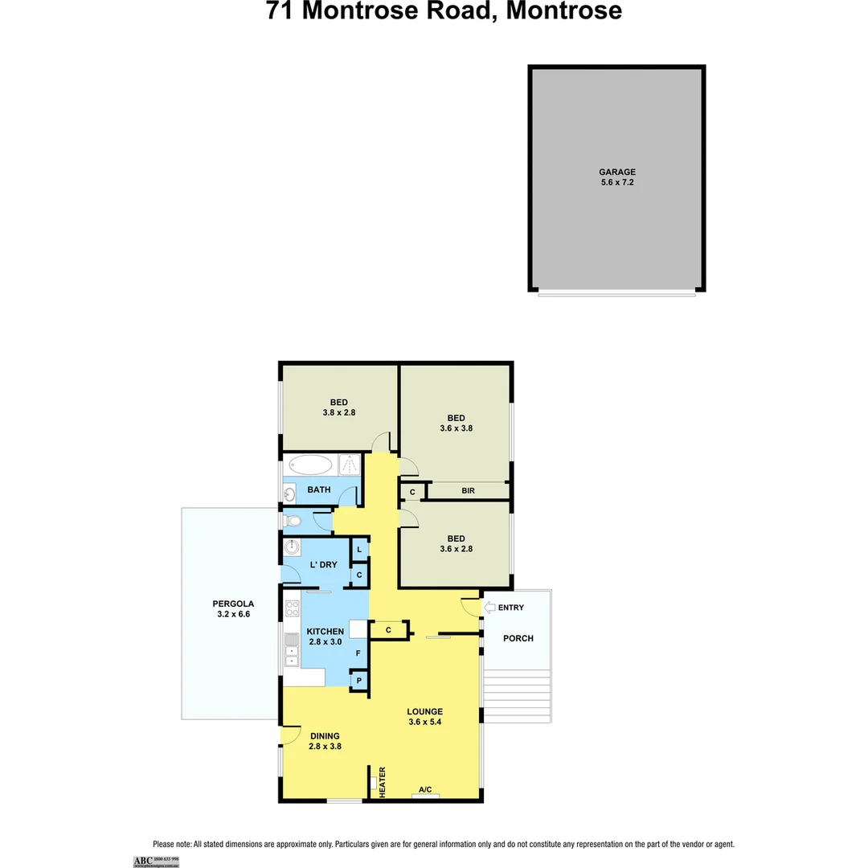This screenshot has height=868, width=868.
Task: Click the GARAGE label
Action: click(616, 172)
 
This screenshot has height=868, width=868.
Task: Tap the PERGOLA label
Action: click(233, 604)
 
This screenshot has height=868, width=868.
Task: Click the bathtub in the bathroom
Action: click(310, 465)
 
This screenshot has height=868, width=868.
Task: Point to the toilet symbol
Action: click(293, 522)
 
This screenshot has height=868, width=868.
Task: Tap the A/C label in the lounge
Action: click(425, 790)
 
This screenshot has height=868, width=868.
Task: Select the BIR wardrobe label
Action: click(468, 490)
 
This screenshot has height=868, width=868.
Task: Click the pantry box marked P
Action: click(358, 681)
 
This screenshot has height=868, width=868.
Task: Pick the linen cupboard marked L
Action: click(359, 550)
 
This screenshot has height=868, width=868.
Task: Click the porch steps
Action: click(517, 696)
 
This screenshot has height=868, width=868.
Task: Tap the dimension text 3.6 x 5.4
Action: click(424, 722)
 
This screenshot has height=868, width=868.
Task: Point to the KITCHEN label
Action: click(325, 632)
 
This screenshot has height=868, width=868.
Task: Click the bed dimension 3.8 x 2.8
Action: click(338, 412)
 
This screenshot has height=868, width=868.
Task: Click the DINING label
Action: click(324, 735)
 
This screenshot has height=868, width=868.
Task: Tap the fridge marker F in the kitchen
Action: click(358, 653)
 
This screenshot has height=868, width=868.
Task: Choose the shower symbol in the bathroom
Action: click(350, 465)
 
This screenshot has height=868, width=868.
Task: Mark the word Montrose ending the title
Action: click(563, 11)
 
